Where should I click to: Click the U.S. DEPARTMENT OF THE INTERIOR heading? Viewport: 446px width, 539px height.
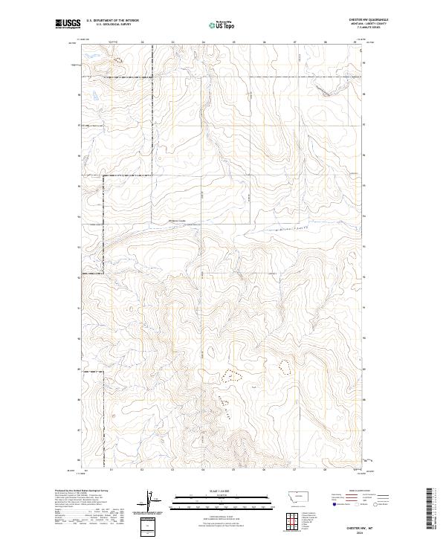[112, 21]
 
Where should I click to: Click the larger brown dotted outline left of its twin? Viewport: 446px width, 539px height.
[233, 375]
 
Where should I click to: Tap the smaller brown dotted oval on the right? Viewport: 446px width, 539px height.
[284, 365]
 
